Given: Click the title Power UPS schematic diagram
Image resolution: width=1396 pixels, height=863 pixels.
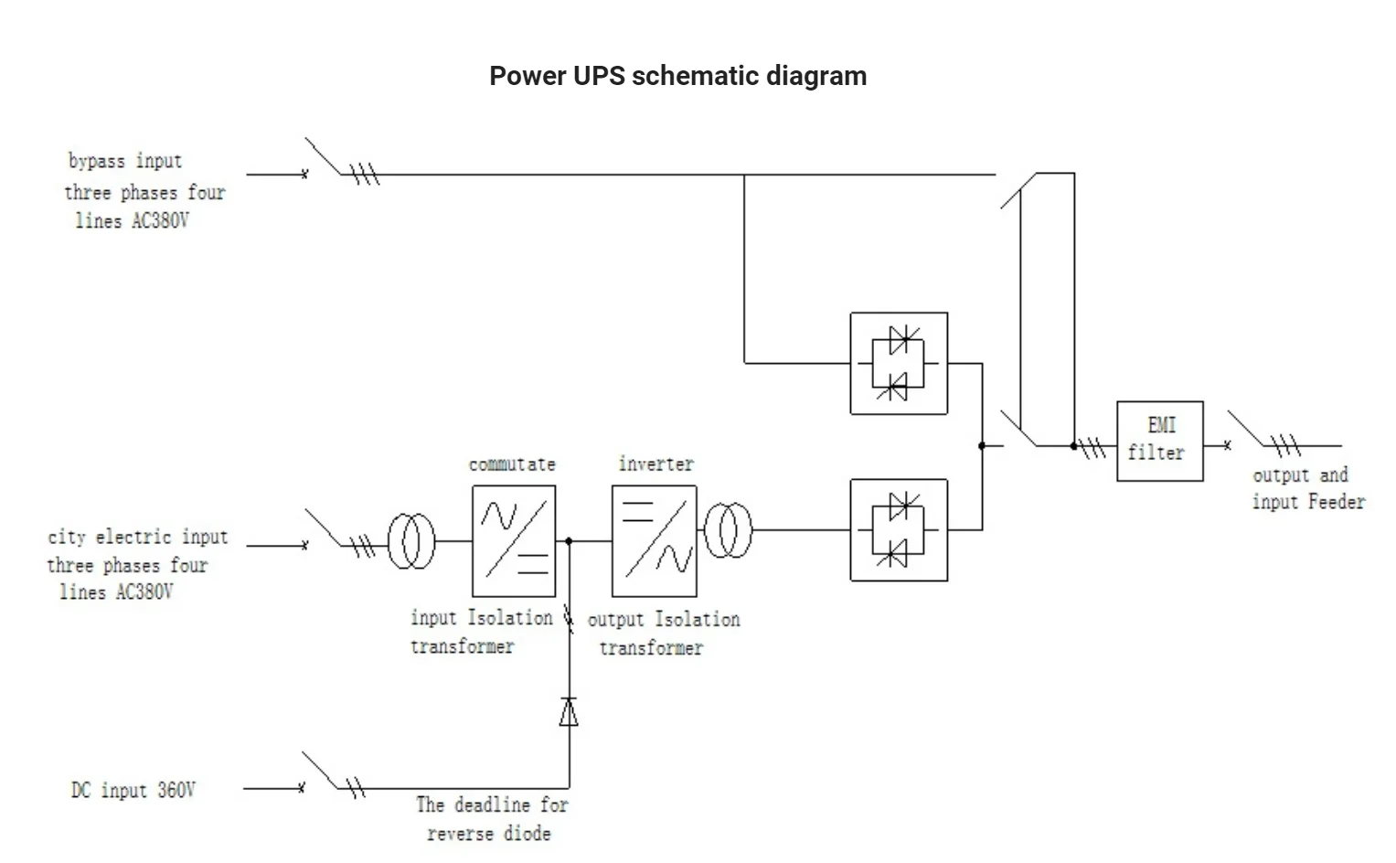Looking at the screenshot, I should point(677,75).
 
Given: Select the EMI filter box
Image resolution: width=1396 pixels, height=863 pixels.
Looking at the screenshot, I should point(1159,441).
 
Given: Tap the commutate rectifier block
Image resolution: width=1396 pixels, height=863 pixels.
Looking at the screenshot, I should point(513,540).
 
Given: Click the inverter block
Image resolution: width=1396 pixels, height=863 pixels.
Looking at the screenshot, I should point(654,540).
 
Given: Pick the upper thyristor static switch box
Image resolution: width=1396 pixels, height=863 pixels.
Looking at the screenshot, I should point(898,363).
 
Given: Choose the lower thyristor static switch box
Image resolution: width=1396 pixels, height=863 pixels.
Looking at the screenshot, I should point(898,529).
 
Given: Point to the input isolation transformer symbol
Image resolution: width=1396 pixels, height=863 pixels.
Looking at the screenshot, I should point(411,541).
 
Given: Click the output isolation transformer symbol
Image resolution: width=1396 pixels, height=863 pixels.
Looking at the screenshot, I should point(728,530).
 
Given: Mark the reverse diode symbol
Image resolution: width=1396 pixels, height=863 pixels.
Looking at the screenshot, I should point(569,711).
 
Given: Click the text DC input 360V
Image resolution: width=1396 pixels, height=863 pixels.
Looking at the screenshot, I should point(133,790).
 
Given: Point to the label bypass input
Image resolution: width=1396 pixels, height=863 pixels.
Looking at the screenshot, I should point(125,161).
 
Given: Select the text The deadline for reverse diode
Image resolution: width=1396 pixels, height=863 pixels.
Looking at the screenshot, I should point(491,818).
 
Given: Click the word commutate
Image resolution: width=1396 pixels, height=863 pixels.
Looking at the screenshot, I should point(512,464).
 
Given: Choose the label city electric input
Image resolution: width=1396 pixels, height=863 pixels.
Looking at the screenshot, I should point(137,537).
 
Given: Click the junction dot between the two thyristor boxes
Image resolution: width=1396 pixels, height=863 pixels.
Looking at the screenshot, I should point(982,446).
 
